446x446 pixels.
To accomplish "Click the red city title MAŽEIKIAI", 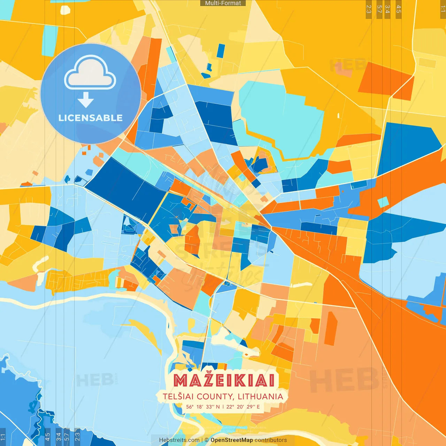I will point(224,380).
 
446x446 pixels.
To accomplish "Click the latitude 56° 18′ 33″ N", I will point(203,407).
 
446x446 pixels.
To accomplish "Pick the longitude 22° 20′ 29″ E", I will point(243,407).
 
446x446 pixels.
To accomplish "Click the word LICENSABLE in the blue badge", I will point(91,118).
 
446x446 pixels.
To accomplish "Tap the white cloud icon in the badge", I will point(90,72).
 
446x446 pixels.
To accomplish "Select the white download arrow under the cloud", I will point(86,100).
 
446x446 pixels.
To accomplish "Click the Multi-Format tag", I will point(223,3).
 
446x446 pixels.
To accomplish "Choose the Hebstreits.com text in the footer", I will point(179,440).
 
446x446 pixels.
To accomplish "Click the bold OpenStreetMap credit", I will point(232,440).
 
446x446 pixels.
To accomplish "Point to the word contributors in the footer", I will point(271,440).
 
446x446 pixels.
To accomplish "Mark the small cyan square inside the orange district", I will point(383,202).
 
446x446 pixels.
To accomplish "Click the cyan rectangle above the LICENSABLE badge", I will point(50,40).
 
